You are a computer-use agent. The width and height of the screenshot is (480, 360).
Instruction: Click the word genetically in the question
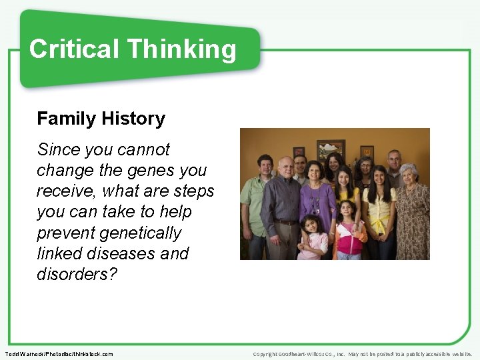[x=140, y=233]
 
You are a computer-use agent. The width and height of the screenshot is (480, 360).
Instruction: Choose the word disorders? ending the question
[x=77, y=274]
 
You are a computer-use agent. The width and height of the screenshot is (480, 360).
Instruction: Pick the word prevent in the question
[x=65, y=233]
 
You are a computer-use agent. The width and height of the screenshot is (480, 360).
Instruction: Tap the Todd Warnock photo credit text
[x=59, y=354]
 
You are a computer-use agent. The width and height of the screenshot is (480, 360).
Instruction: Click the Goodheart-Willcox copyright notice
[x=363, y=354]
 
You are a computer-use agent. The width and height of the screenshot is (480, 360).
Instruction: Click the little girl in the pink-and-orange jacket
[x=347, y=233]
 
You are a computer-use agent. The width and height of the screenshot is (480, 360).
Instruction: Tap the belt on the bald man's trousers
[x=285, y=222]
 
